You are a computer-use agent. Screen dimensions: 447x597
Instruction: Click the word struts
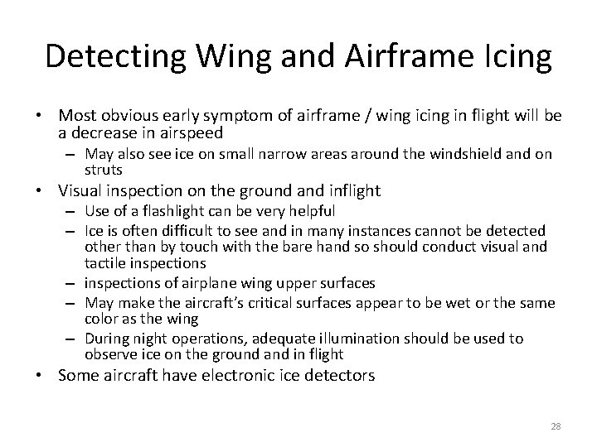(x=104, y=171)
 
